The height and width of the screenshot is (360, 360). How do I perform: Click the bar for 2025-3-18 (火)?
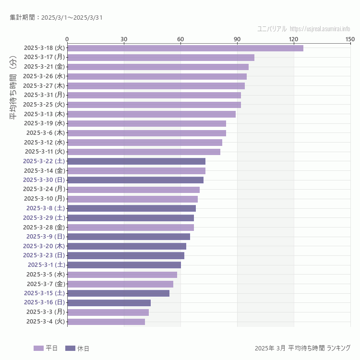coord(185,48)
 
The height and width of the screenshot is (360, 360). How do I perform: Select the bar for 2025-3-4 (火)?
coord(106,322)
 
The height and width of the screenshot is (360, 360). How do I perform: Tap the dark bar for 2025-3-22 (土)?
coord(136,161)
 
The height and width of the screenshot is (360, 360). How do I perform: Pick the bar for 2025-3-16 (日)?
coord(109,303)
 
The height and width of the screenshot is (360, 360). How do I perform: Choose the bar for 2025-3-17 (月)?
coord(160,58)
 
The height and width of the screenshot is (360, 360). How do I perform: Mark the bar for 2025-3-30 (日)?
coord(135,180)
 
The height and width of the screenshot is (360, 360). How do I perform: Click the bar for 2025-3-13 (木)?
coord(151,114)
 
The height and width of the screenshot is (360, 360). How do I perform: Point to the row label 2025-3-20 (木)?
coord(44,246)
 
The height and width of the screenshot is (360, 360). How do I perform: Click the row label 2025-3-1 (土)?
coord(46,265)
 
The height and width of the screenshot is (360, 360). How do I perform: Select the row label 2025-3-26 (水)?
coord(44,76)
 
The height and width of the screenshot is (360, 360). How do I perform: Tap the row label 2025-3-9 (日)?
coord(45,237)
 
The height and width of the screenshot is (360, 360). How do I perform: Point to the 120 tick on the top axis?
coord(293,39)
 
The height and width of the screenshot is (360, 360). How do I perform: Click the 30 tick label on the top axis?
coord(124,39)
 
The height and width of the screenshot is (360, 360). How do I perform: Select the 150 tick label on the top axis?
coord(350,39)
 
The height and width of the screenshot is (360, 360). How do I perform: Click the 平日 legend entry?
coord(46,348)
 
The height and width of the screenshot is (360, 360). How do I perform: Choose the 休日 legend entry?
coord(77,348)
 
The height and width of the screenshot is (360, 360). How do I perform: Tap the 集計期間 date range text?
coord(56,18)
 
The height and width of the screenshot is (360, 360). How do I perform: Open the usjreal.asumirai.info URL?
coord(320,29)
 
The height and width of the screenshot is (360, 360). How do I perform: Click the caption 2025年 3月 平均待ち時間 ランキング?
coord(302,348)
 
